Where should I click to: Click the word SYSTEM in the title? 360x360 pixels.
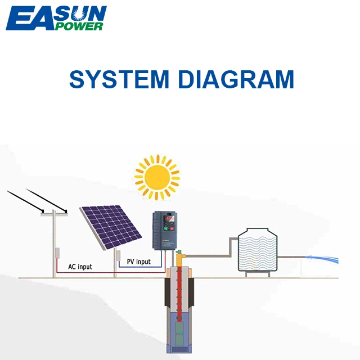(119, 79)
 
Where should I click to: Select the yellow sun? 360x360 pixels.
(157, 175)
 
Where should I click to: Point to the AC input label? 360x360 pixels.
(80, 267)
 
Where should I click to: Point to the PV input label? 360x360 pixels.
(138, 262)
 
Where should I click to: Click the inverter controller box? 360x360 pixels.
(165, 230)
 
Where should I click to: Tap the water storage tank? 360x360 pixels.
(258, 251)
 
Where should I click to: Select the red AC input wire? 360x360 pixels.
(112, 272)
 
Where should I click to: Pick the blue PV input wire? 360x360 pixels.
(141, 267)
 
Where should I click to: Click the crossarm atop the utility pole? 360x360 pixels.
(55, 212)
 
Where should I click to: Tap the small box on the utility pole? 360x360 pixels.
(56, 253)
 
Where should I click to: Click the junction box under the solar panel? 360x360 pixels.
(118, 256)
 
